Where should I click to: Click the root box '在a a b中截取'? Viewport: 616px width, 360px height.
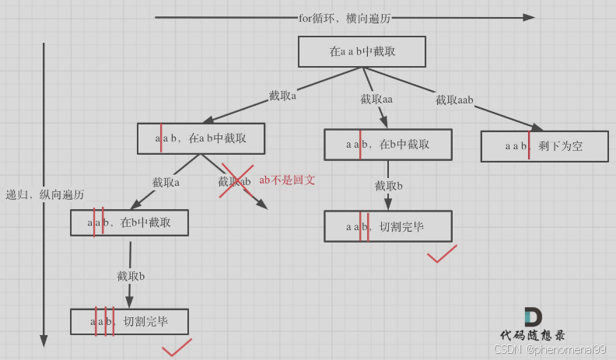pos(362,51)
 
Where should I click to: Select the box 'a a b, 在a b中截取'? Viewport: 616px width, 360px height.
pos(201,138)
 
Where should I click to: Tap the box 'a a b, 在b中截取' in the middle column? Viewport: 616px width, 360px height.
pos(387,144)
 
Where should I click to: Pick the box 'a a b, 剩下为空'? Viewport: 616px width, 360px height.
pos(544,145)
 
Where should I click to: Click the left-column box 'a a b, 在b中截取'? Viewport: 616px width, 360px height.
pos(129,222)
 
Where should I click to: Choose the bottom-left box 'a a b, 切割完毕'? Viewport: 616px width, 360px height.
pos(129,321)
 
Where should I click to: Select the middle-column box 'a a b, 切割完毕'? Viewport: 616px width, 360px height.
pos(387,226)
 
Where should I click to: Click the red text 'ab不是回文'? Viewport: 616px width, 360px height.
pos(287,180)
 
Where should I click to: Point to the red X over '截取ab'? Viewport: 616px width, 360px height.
pos(237,180)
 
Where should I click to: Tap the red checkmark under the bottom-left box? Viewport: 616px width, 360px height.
pos(177,348)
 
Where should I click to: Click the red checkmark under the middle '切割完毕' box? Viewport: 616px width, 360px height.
pos(441,254)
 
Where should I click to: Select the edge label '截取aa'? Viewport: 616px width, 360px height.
pos(376,100)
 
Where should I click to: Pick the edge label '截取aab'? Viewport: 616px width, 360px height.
pos(454,100)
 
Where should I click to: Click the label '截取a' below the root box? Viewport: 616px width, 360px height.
pos(282,96)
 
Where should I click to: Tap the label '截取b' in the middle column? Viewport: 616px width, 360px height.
pos(388,186)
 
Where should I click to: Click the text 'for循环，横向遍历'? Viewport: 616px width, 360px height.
pos(344,17)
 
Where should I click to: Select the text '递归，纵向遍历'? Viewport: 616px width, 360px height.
pos(44,194)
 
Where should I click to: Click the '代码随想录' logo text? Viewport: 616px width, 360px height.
pos(533,335)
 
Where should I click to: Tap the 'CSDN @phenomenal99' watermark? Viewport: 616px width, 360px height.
pos(550,349)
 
